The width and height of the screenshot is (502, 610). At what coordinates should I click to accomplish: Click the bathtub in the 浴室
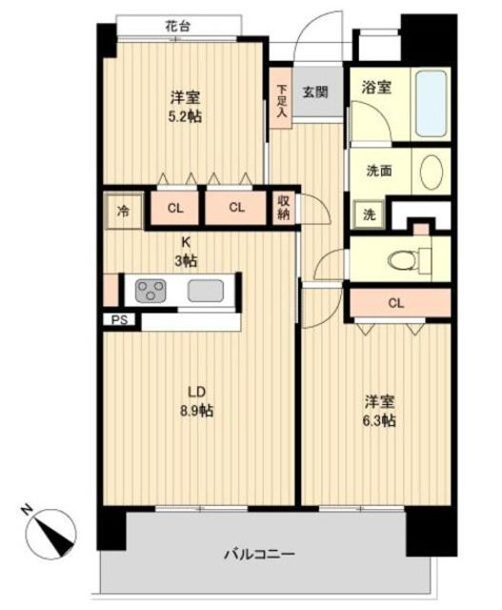[x=431, y=104]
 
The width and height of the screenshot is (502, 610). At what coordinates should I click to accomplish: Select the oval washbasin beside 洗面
[x=432, y=173]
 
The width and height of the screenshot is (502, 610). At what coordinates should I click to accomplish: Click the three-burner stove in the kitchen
[x=150, y=291]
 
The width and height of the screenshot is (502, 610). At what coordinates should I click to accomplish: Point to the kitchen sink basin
[x=206, y=291]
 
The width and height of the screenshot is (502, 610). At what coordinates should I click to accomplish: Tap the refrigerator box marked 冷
[x=123, y=212]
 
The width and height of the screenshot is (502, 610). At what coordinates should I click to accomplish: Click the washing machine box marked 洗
[x=369, y=214]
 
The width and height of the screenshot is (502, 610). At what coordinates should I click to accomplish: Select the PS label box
[x=119, y=320]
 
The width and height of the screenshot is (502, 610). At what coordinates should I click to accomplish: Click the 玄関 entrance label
[x=315, y=92]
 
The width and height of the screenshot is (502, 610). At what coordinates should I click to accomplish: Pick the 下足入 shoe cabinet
[x=281, y=99]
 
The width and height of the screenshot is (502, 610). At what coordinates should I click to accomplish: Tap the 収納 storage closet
[x=284, y=208]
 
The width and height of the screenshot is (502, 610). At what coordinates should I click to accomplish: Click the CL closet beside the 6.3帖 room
[x=400, y=303]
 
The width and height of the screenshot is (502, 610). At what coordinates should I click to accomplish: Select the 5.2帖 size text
[x=185, y=116]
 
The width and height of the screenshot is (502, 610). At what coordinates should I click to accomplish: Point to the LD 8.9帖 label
[x=196, y=401]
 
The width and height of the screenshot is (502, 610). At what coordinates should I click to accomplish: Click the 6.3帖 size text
[x=379, y=420]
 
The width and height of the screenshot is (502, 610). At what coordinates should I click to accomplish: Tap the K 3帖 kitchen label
[x=186, y=252]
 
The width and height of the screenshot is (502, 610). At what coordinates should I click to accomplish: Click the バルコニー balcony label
[x=259, y=554]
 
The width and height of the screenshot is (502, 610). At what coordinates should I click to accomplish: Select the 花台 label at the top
[x=178, y=27]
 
